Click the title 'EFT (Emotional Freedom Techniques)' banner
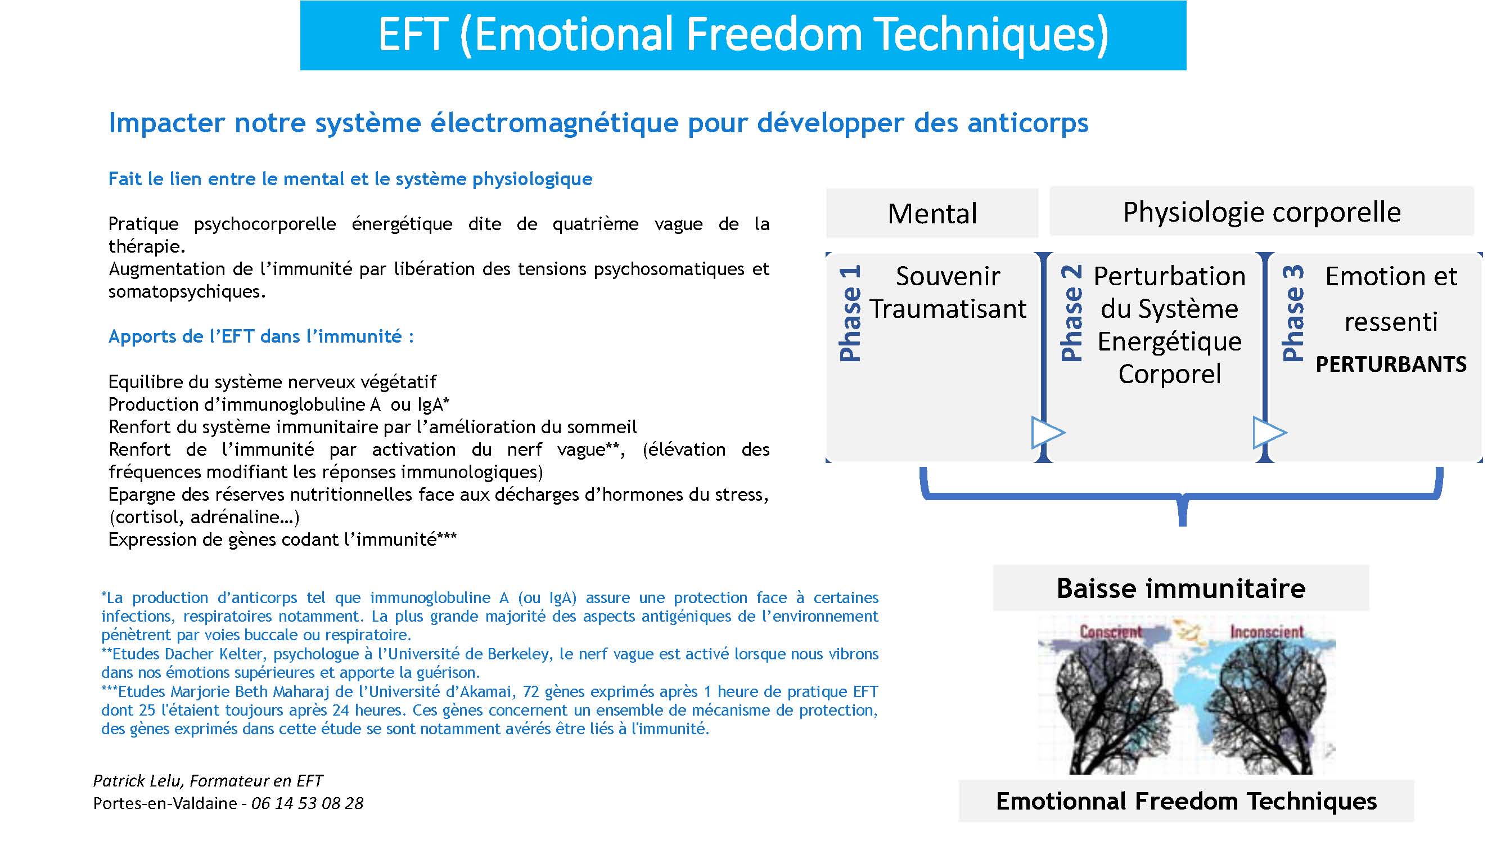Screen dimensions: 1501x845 point(743,35)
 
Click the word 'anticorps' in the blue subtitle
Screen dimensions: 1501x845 point(1028,124)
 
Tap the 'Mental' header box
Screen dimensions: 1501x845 point(932,213)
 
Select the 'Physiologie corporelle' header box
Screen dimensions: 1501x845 point(1261,212)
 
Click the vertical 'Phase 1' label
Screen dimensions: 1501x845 point(850,313)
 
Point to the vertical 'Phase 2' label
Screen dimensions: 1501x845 point(1071,313)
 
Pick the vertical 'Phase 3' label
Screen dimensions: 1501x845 point(1293,313)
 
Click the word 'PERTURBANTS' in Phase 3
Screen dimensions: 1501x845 point(1391,365)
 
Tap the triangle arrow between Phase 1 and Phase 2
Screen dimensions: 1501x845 point(1048,433)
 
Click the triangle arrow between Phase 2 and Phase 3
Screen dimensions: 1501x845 point(1269,433)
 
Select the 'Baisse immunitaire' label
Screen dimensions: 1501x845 point(1180,588)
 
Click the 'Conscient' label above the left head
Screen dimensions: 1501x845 point(1111,632)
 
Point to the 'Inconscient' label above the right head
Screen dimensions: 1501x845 point(1266,632)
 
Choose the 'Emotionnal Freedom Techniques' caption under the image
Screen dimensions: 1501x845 point(1187,801)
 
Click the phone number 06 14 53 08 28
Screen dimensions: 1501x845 point(307,803)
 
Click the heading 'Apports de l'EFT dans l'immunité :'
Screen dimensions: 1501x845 point(261,337)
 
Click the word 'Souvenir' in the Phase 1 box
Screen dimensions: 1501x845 point(948,276)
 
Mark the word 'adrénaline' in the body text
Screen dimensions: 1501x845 point(240,518)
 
